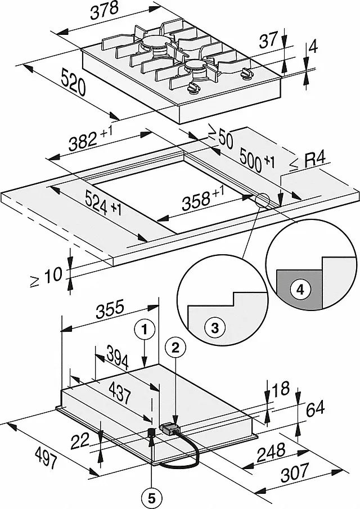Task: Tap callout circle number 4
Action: click(x=300, y=290)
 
